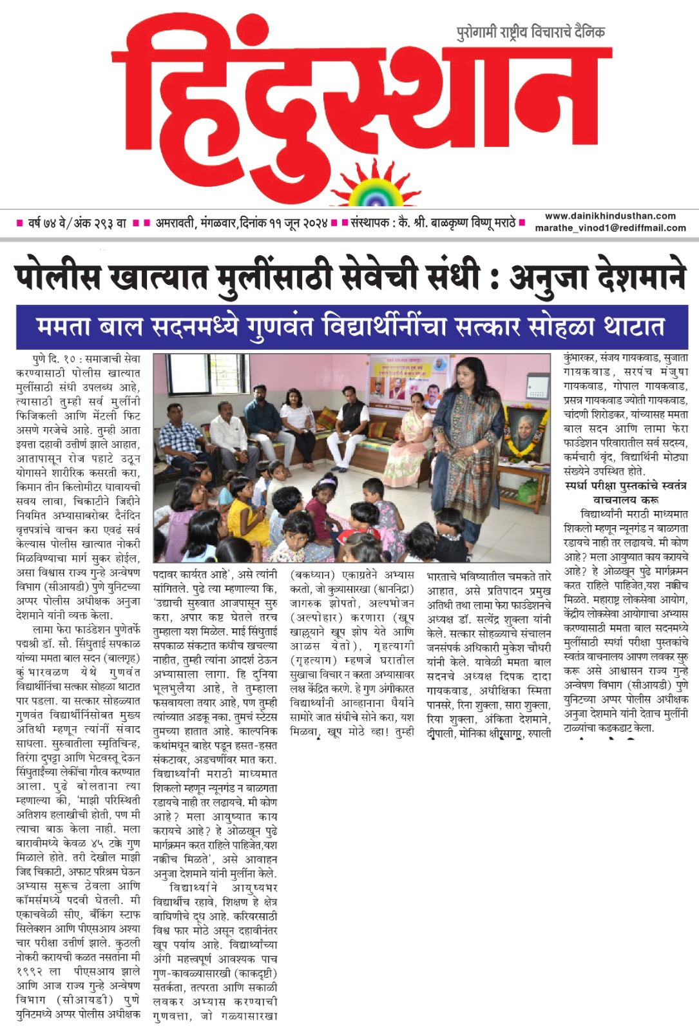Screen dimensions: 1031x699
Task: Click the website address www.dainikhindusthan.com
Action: coord(610,217)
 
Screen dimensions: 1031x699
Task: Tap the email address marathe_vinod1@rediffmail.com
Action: coord(610,227)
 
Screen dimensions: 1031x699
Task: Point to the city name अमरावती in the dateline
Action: coord(178,224)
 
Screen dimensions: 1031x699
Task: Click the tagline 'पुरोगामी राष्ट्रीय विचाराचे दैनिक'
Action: coord(530,32)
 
